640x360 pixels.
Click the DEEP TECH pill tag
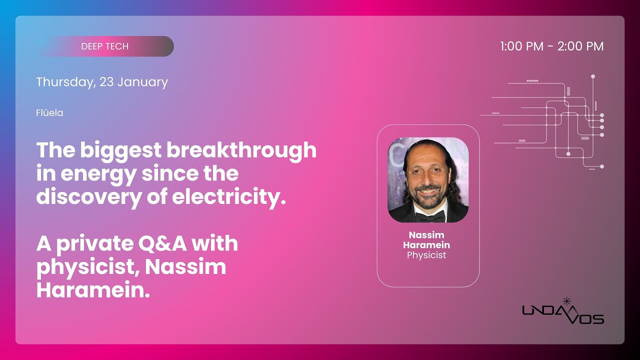click(105, 46)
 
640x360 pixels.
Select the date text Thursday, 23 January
click(102, 82)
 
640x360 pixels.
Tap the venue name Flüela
click(49, 113)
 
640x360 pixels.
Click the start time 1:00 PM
click(521, 46)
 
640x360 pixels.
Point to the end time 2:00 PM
click(580, 46)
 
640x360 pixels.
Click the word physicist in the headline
click(85, 267)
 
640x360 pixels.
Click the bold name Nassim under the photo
click(426, 235)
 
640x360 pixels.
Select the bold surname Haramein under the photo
click(426, 245)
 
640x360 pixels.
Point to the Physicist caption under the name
click(426, 255)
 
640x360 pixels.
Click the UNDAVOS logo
click(563, 314)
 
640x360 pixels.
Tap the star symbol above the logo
click(566, 301)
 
